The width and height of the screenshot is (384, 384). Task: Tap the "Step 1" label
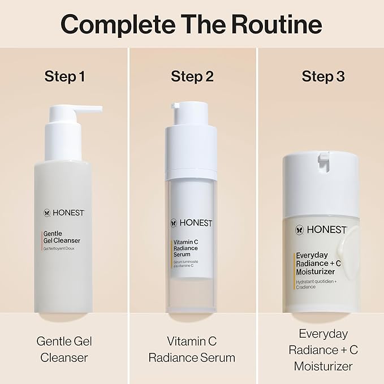(x=64, y=76)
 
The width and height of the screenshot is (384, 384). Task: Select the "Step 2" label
(x=192, y=76)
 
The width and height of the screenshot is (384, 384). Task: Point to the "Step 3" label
(x=323, y=76)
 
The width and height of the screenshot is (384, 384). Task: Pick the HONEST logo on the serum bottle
(x=191, y=223)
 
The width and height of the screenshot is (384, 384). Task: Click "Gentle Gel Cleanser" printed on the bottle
(x=62, y=236)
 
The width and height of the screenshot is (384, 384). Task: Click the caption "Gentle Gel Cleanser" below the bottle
(x=64, y=350)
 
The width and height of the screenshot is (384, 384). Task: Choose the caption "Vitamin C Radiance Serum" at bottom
(x=192, y=350)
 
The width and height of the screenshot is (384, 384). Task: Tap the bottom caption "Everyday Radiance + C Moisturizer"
(x=322, y=350)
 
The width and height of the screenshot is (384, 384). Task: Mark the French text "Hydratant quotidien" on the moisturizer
(x=317, y=282)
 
